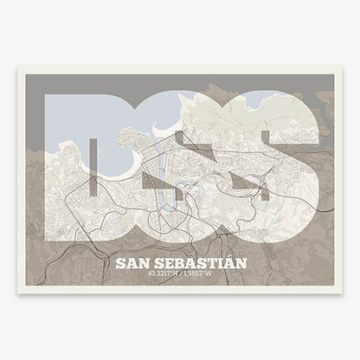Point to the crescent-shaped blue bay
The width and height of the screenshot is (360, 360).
(x=130, y=170)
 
